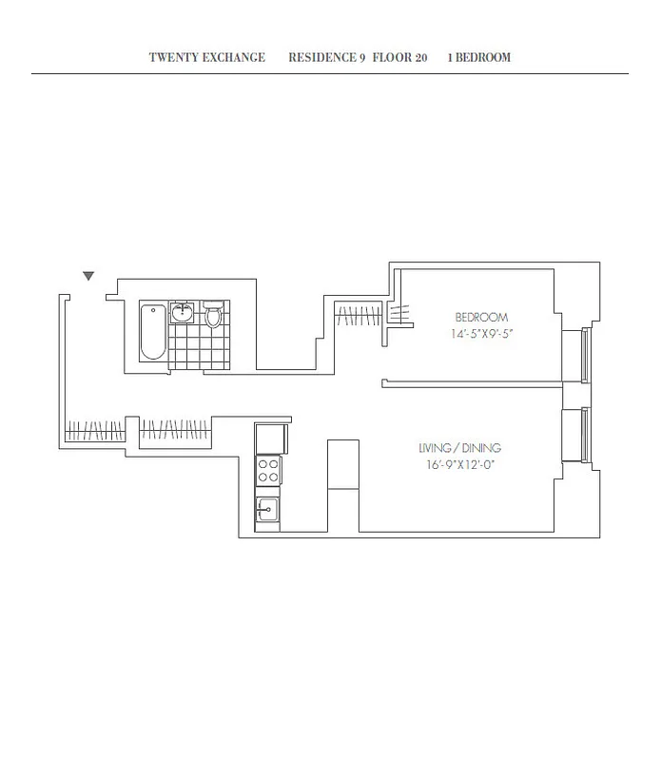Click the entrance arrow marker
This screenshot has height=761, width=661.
(88, 276)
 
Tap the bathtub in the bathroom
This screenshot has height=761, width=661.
(152, 332)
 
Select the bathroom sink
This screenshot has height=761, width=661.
(184, 314)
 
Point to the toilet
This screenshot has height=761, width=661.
(213, 315)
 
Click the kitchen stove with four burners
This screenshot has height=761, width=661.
(268, 471)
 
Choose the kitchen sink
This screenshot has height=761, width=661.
(267, 511)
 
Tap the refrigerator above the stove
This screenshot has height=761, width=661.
(271, 439)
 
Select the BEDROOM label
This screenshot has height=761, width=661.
(481, 317)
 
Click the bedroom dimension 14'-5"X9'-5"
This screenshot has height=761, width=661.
(481, 334)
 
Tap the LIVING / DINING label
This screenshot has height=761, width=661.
(459, 448)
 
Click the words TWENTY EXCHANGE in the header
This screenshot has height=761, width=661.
(206, 57)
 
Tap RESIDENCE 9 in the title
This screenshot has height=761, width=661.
(326, 57)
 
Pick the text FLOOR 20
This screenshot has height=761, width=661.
(399, 57)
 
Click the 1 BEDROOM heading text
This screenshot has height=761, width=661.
(478, 57)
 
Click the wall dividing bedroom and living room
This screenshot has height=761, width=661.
(471, 384)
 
